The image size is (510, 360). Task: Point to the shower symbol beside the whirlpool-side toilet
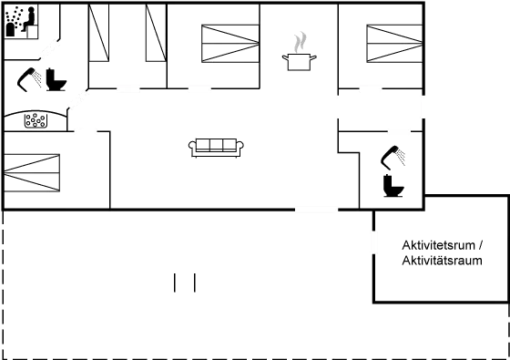[x=31, y=78]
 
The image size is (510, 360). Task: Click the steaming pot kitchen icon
[x=298, y=51]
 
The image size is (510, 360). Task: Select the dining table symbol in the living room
[x=216, y=145]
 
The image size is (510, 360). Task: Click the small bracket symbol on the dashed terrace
[x=185, y=283]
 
